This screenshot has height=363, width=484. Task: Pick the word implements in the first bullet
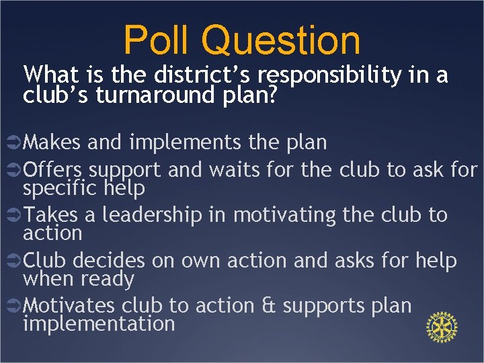pos(179,143)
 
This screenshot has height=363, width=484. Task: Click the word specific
pos(61,188)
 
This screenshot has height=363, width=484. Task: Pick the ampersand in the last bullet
pos(266,305)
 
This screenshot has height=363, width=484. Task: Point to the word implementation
pos(99,323)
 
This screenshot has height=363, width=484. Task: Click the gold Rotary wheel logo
pos(442,327)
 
